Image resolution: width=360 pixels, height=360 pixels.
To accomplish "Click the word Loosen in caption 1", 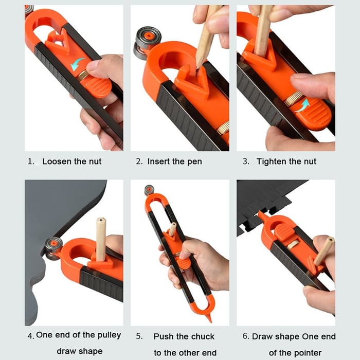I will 57,161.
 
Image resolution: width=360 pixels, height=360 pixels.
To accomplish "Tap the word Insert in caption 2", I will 162,161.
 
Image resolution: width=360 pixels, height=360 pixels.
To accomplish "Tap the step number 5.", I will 139,336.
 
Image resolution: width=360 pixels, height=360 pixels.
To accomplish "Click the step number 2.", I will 139,161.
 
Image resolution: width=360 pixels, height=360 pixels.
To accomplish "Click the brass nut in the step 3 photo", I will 294,99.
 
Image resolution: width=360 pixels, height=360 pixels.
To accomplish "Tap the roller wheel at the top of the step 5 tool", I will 150,190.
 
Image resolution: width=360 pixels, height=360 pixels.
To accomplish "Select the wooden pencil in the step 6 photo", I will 323,251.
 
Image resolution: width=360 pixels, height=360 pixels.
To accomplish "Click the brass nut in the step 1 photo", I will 83,76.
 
